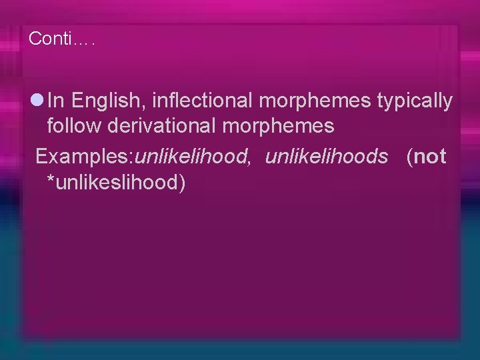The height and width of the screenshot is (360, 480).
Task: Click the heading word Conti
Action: point(50,39)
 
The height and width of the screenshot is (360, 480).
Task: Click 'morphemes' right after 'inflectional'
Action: point(315,102)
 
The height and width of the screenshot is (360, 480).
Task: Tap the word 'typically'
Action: point(415,102)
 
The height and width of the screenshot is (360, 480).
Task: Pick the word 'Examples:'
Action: point(85,157)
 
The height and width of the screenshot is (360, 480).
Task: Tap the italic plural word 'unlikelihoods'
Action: point(326,157)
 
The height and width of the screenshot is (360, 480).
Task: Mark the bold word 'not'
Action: point(430,157)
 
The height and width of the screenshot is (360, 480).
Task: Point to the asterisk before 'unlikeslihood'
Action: point(51,179)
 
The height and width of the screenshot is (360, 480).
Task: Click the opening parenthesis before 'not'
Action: point(409,157)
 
